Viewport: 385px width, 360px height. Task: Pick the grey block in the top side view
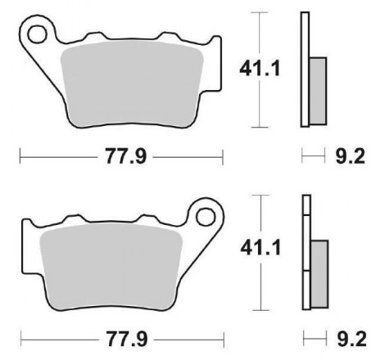tap(318, 88)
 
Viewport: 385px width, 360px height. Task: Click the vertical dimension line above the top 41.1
tap(260, 33)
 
